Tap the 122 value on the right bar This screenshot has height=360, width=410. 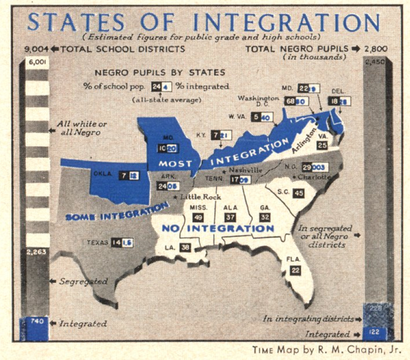coord(373,331)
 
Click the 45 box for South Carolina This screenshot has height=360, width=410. coord(300,193)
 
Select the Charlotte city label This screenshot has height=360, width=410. coord(315,177)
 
